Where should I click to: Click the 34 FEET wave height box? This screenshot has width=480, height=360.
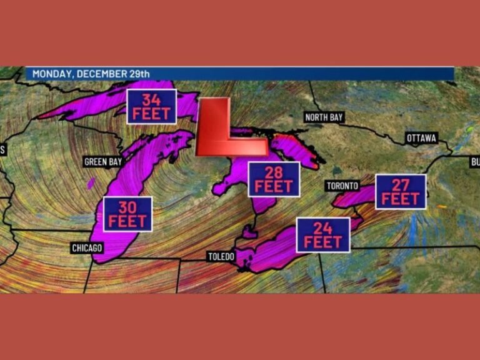click(x=151, y=106)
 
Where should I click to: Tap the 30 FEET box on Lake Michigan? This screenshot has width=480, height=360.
click(x=127, y=214)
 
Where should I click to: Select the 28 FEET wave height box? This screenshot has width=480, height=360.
click(x=274, y=179)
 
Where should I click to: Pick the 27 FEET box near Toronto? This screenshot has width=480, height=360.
click(x=401, y=191)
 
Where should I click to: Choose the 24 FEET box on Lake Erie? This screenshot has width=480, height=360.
click(x=323, y=235)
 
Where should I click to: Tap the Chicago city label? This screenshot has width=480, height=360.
click(x=87, y=248)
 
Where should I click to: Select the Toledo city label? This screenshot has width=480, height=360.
click(x=221, y=257)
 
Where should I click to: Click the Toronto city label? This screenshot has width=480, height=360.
click(x=342, y=186)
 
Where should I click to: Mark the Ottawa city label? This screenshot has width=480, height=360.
click(x=422, y=137)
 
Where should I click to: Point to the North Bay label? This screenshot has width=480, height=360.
click(x=324, y=117)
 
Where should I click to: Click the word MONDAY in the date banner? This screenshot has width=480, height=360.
click(x=52, y=74)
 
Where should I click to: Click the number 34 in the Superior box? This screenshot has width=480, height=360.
click(x=151, y=100)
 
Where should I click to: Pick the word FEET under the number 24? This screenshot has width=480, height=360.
click(x=323, y=242)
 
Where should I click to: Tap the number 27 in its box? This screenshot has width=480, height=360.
click(x=401, y=185)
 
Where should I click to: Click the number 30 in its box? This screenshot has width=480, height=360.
click(x=127, y=207)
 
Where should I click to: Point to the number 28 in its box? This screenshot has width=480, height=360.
click(x=274, y=172)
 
